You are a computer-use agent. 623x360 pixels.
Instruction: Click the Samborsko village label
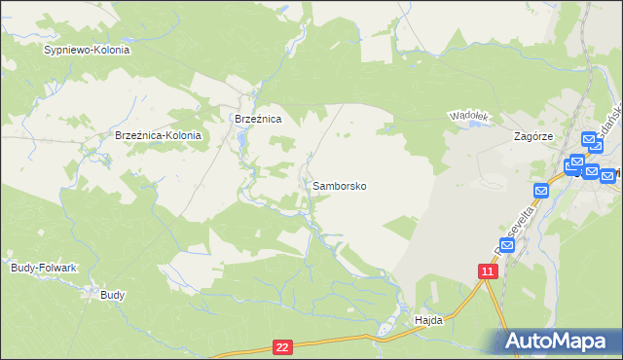coord(340,185)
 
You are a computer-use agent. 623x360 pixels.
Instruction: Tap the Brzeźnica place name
coord(258,119)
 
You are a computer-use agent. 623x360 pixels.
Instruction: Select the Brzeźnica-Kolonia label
coord(158,136)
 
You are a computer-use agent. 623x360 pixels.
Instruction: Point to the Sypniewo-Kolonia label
coord(87,49)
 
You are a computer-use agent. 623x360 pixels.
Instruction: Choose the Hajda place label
coord(428,319)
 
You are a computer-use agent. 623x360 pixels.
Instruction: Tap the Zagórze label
coord(533,137)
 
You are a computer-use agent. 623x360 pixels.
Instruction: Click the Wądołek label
coord(467,116)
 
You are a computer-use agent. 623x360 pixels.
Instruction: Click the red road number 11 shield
coord(489,271)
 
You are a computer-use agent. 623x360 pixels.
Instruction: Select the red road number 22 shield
coord(282,346)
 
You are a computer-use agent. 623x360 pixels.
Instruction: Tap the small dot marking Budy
coord(106,283)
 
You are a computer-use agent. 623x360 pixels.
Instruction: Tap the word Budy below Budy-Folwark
coord(113,294)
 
